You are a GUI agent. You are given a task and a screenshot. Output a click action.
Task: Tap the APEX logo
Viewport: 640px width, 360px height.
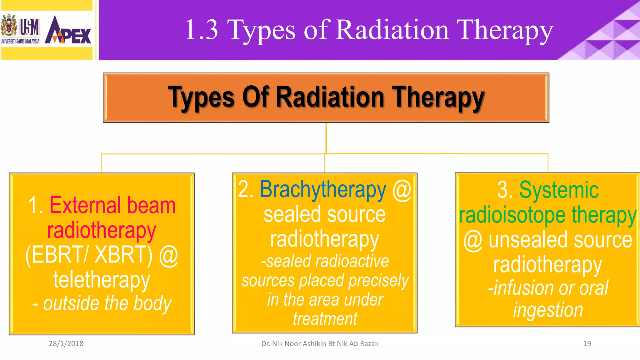[x=68, y=31]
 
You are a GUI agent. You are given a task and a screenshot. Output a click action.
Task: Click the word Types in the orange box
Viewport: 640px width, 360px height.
[x=201, y=97]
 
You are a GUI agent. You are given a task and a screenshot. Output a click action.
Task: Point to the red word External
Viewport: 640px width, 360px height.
[x=85, y=205]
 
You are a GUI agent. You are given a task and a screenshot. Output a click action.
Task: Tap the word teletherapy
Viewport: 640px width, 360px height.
[x=102, y=280]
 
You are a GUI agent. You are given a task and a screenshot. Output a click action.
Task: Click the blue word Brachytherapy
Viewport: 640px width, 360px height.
[x=323, y=189]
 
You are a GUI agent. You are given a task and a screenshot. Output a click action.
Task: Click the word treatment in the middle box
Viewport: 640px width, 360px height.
[x=325, y=319]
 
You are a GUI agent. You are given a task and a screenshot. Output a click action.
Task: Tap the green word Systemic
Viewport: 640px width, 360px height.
[x=559, y=190]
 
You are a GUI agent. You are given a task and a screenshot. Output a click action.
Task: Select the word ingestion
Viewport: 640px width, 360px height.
[x=548, y=310]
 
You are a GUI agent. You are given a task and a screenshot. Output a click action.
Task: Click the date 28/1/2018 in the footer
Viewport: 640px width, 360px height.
[x=66, y=343]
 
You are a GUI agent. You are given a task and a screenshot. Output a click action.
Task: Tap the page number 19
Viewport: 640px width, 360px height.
[x=587, y=343]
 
